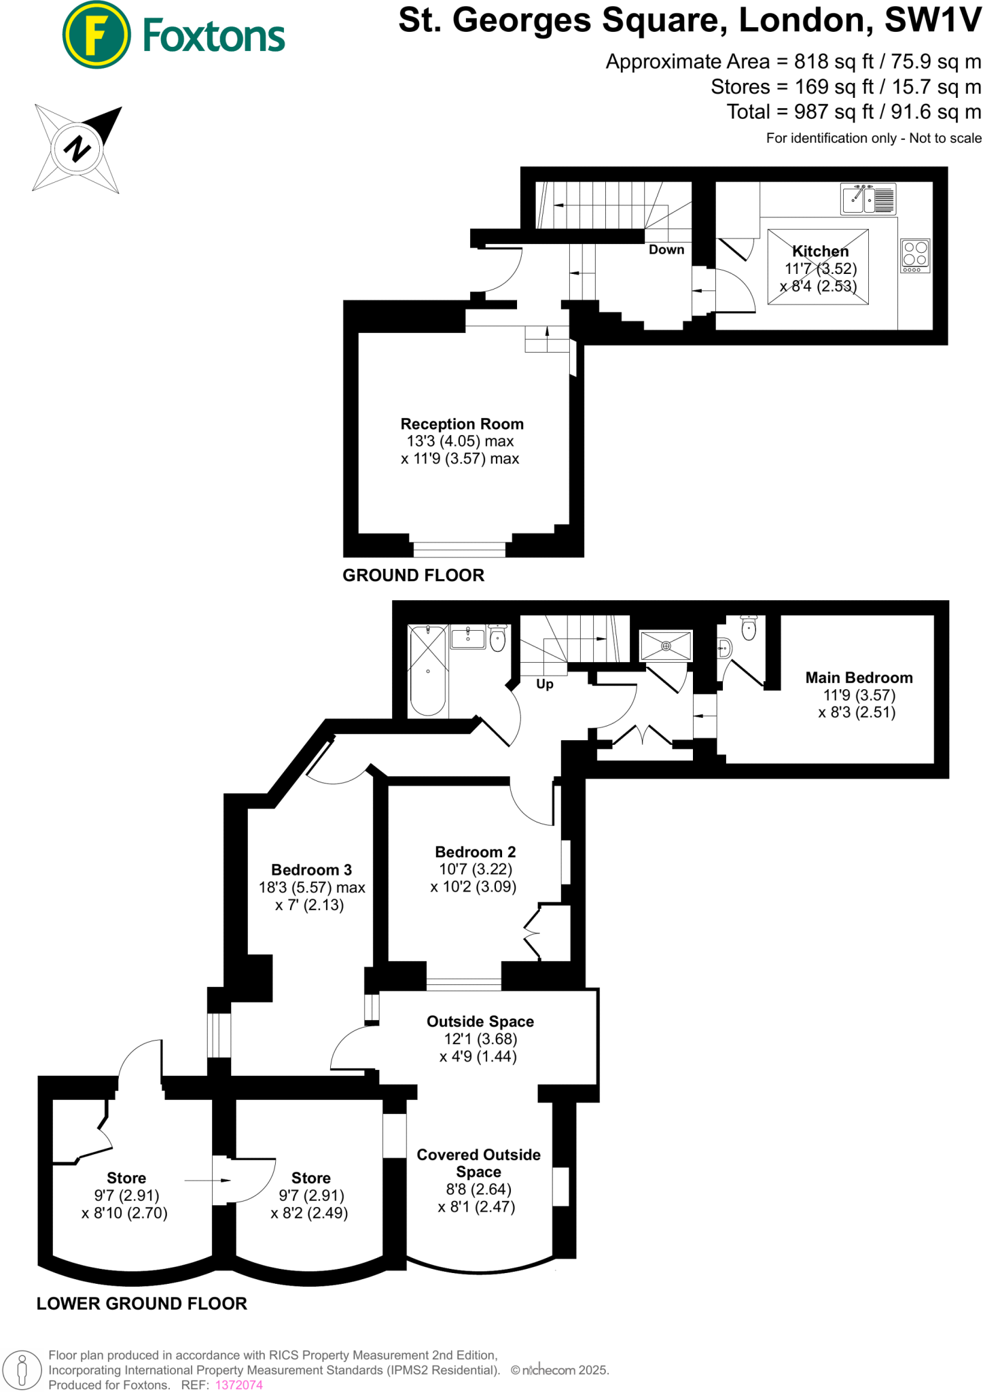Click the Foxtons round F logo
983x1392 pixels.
point(96,35)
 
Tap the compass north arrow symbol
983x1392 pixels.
point(77,148)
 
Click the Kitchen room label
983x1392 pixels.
point(820,251)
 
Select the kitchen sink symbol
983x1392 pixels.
point(868,199)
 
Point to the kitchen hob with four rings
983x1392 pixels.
point(915,256)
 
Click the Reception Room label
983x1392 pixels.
point(462,424)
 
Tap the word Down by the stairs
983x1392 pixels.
point(666,249)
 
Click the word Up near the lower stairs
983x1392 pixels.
point(544,684)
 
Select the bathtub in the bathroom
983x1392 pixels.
point(428,670)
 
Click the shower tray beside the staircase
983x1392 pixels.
point(666,646)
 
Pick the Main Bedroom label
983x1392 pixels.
point(859,678)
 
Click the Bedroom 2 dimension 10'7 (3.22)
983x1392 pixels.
point(475,869)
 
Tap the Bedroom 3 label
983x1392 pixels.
point(311,870)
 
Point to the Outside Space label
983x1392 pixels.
point(480,1022)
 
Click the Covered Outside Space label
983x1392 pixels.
point(478,1163)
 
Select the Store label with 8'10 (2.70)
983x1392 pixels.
point(126,1178)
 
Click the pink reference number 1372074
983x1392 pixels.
point(238,1385)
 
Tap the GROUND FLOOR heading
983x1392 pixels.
point(413,576)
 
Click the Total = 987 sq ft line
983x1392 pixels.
point(853,112)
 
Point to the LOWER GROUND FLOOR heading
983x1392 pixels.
point(141,1304)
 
